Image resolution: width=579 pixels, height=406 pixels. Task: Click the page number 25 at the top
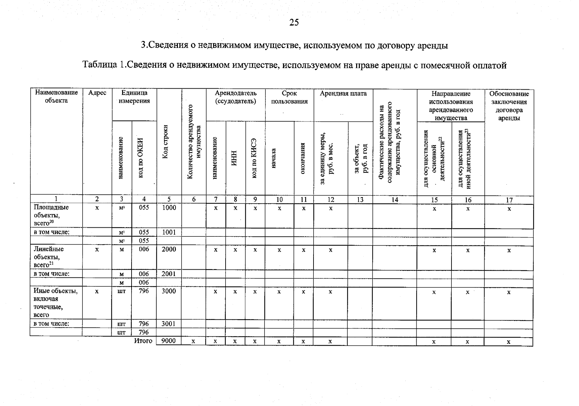tap(294, 22)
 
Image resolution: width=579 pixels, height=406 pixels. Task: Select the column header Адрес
tap(97, 93)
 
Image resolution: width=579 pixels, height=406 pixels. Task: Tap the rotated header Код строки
tap(165, 142)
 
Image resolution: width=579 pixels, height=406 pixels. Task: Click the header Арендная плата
tap(343, 94)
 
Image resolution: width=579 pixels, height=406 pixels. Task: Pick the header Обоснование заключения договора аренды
tap(509, 106)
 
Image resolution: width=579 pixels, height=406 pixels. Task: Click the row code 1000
tap(169, 208)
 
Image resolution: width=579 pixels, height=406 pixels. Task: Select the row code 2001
tap(168, 274)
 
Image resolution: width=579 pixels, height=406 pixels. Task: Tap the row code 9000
tap(168, 341)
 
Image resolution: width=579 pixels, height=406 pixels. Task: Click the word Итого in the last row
tap(143, 341)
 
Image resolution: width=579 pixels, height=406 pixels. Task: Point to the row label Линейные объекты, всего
tap(49, 257)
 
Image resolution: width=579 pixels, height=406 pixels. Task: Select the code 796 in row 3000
tap(144, 291)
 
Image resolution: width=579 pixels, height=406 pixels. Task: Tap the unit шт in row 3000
tap(121, 291)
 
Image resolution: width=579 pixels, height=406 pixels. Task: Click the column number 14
tap(395, 200)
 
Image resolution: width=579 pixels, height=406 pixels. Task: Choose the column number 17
tap(509, 200)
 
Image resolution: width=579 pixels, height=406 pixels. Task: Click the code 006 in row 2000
tap(144, 249)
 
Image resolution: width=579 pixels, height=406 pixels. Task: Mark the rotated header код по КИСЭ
tap(255, 158)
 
